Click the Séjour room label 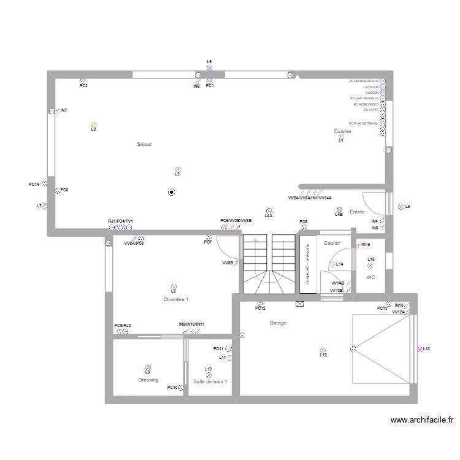pos(144,144)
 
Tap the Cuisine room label pos(342,131)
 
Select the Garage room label pos(278,323)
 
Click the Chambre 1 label pos(176,299)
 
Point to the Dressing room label pos(148,380)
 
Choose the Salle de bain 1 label pos(210,381)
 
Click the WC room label pos(370,277)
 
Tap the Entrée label pos(357,212)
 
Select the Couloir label pos(332,243)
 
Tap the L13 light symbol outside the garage pos(420,349)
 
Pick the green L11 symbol pos(229,357)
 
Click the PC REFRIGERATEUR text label pos(364,81)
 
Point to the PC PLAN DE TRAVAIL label pos(363,123)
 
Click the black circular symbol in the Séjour pos(171,192)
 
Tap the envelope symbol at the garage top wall pos(300,304)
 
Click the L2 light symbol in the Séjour pos(177,169)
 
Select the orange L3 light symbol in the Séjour pos(93,125)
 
